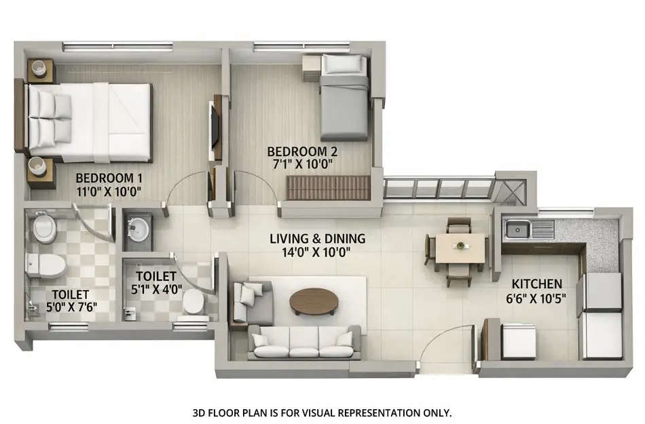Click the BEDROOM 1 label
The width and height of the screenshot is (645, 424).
[x=109, y=178]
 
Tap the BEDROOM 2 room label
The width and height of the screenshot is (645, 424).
[x=302, y=151]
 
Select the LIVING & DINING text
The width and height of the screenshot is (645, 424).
[x=317, y=239]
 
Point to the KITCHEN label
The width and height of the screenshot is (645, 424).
[x=536, y=284]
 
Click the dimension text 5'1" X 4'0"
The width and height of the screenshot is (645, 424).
[x=156, y=289]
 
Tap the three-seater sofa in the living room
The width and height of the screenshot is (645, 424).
[x=304, y=343]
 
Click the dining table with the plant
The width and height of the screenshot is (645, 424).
[x=460, y=247]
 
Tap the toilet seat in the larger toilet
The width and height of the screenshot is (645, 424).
[x=46, y=267]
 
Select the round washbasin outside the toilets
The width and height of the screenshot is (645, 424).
[x=139, y=229]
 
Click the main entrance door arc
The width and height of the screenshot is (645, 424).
[x=445, y=346]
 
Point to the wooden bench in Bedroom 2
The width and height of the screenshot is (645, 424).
[x=328, y=187]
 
